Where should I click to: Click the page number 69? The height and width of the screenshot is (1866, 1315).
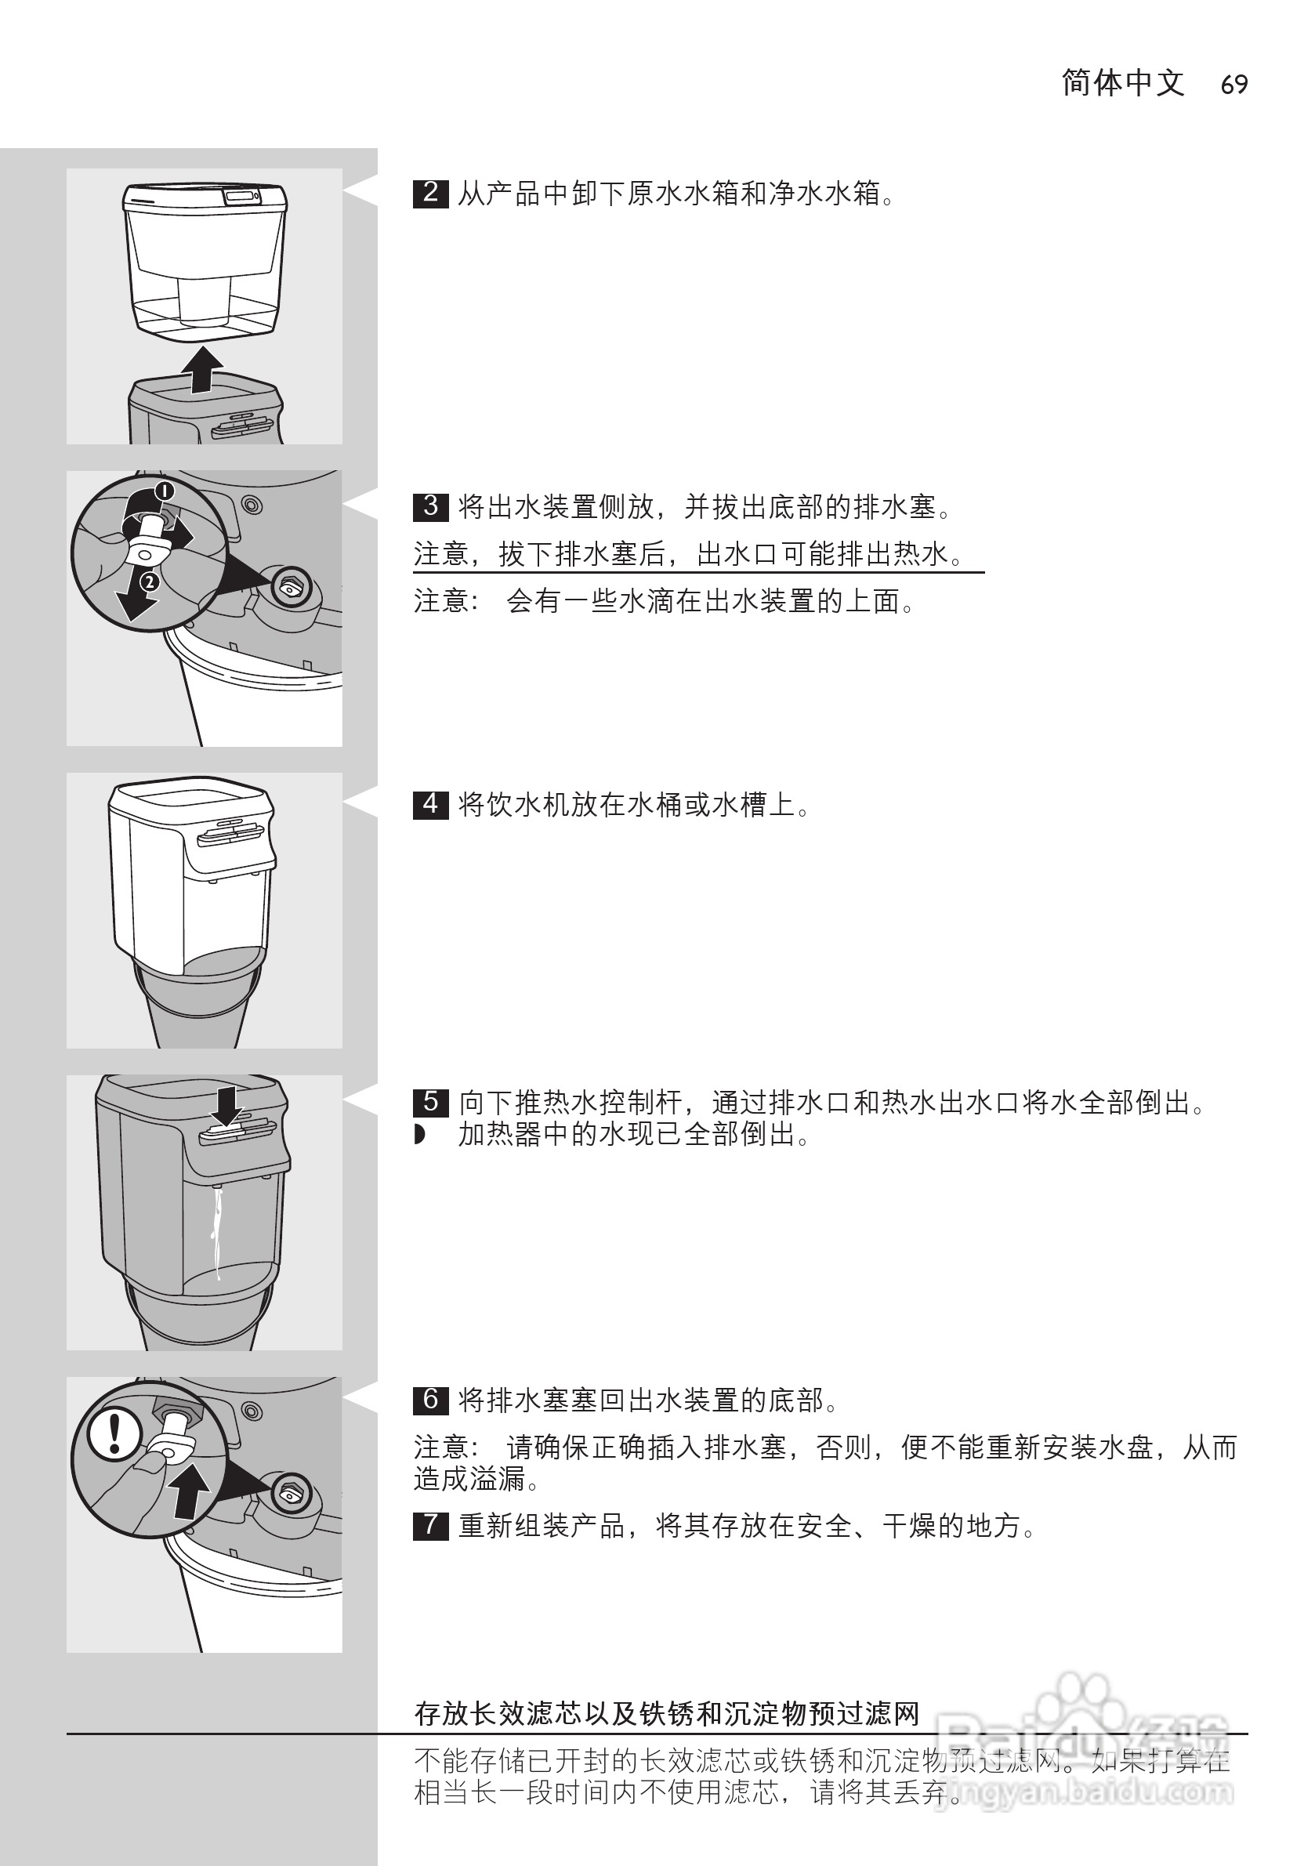pyautogui.click(x=1233, y=85)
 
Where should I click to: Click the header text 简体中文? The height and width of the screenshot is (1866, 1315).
pyautogui.click(x=1122, y=83)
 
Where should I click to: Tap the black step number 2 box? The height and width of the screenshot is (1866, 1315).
pyautogui.click(x=431, y=194)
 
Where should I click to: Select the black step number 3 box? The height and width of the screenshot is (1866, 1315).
pyautogui.click(x=431, y=506)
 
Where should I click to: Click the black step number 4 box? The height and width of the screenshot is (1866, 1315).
pyautogui.click(x=431, y=805)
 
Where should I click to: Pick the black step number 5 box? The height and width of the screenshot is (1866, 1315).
pyautogui.click(x=431, y=1102)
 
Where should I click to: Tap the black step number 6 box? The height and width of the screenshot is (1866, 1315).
pyautogui.click(x=431, y=1400)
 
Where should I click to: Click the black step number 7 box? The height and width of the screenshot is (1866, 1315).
pyautogui.click(x=431, y=1524)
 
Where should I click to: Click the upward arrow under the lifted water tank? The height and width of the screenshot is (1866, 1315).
pyautogui.click(x=201, y=371)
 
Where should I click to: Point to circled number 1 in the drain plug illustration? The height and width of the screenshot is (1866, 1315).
pyautogui.click(x=164, y=491)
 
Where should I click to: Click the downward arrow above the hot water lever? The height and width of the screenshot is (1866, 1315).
pyautogui.click(x=226, y=1104)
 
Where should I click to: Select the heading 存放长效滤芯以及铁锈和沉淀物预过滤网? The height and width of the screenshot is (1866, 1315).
pyautogui.click(x=666, y=1712)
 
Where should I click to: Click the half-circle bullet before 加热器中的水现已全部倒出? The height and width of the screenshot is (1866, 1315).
pyautogui.click(x=419, y=1135)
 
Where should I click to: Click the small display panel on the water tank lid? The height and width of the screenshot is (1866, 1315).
pyautogui.click(x=242, y=196)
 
